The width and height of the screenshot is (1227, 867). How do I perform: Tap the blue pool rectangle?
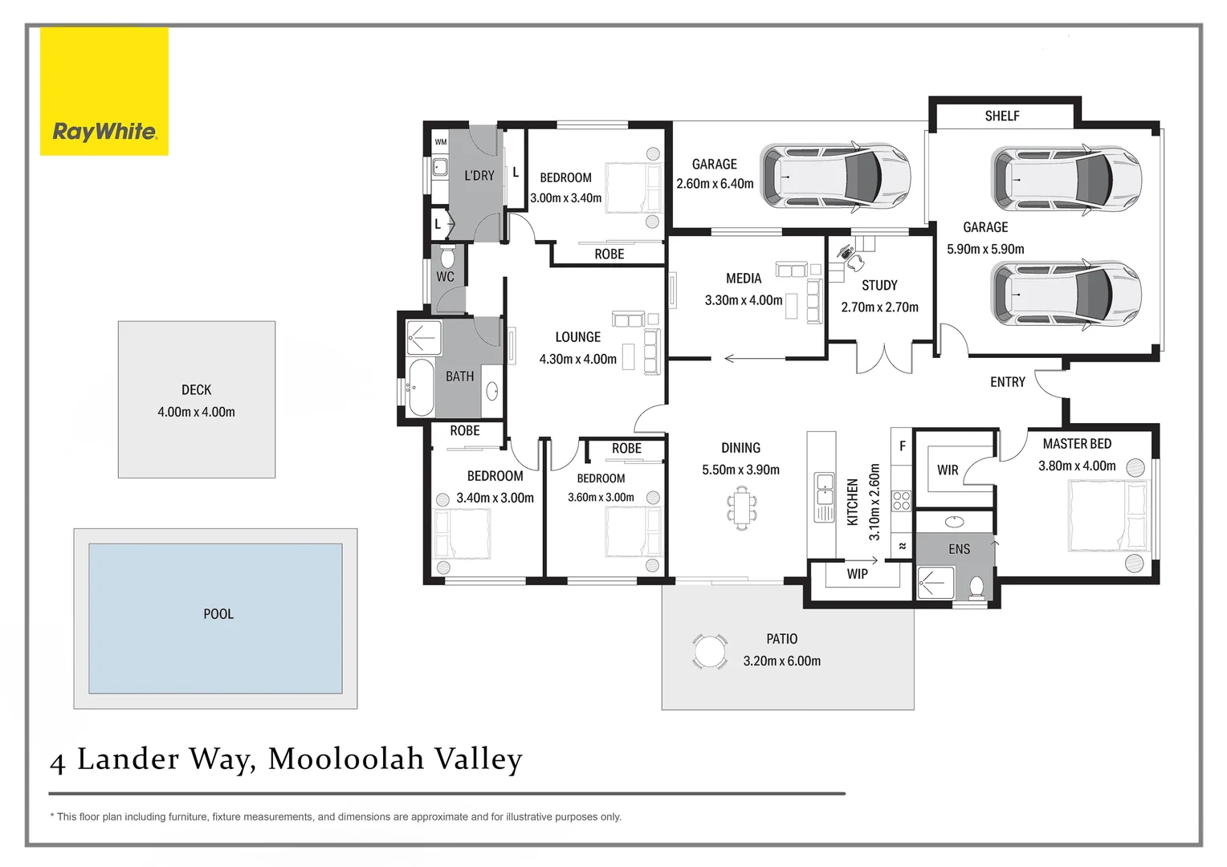click(x=215, y=618)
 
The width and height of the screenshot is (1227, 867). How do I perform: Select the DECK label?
click(x=196, y=390)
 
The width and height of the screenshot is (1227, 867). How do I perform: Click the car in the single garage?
click(x=835, y=176)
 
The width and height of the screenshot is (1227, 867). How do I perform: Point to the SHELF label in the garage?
click(x=1002, y=116)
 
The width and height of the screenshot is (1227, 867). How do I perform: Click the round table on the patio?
click(x=710, y=651)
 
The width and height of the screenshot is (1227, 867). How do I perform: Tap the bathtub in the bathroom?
click(x=421, y=388)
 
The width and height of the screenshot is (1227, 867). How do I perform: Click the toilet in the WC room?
click(x=448, y=258)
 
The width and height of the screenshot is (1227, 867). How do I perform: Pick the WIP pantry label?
click(x=857, y=575)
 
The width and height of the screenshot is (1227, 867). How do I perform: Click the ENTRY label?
click(x=1007, y=382)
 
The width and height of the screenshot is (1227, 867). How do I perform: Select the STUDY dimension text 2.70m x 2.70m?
click(x=879, y=307)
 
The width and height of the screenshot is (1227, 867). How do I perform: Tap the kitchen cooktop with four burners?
click(x=901, y=501)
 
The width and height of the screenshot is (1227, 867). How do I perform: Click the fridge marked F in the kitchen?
click(x=902, y=446)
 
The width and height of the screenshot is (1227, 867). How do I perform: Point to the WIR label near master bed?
click(x=948, y=470)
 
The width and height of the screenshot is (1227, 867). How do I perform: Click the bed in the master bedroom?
click(x=1108, y=515)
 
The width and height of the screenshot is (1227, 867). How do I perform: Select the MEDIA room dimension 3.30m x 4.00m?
click(x=743, y=300)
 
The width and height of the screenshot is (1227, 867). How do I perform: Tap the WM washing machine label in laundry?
click(x=440, y=142)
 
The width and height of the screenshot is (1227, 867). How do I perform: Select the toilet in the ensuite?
click(x=977, y=587)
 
